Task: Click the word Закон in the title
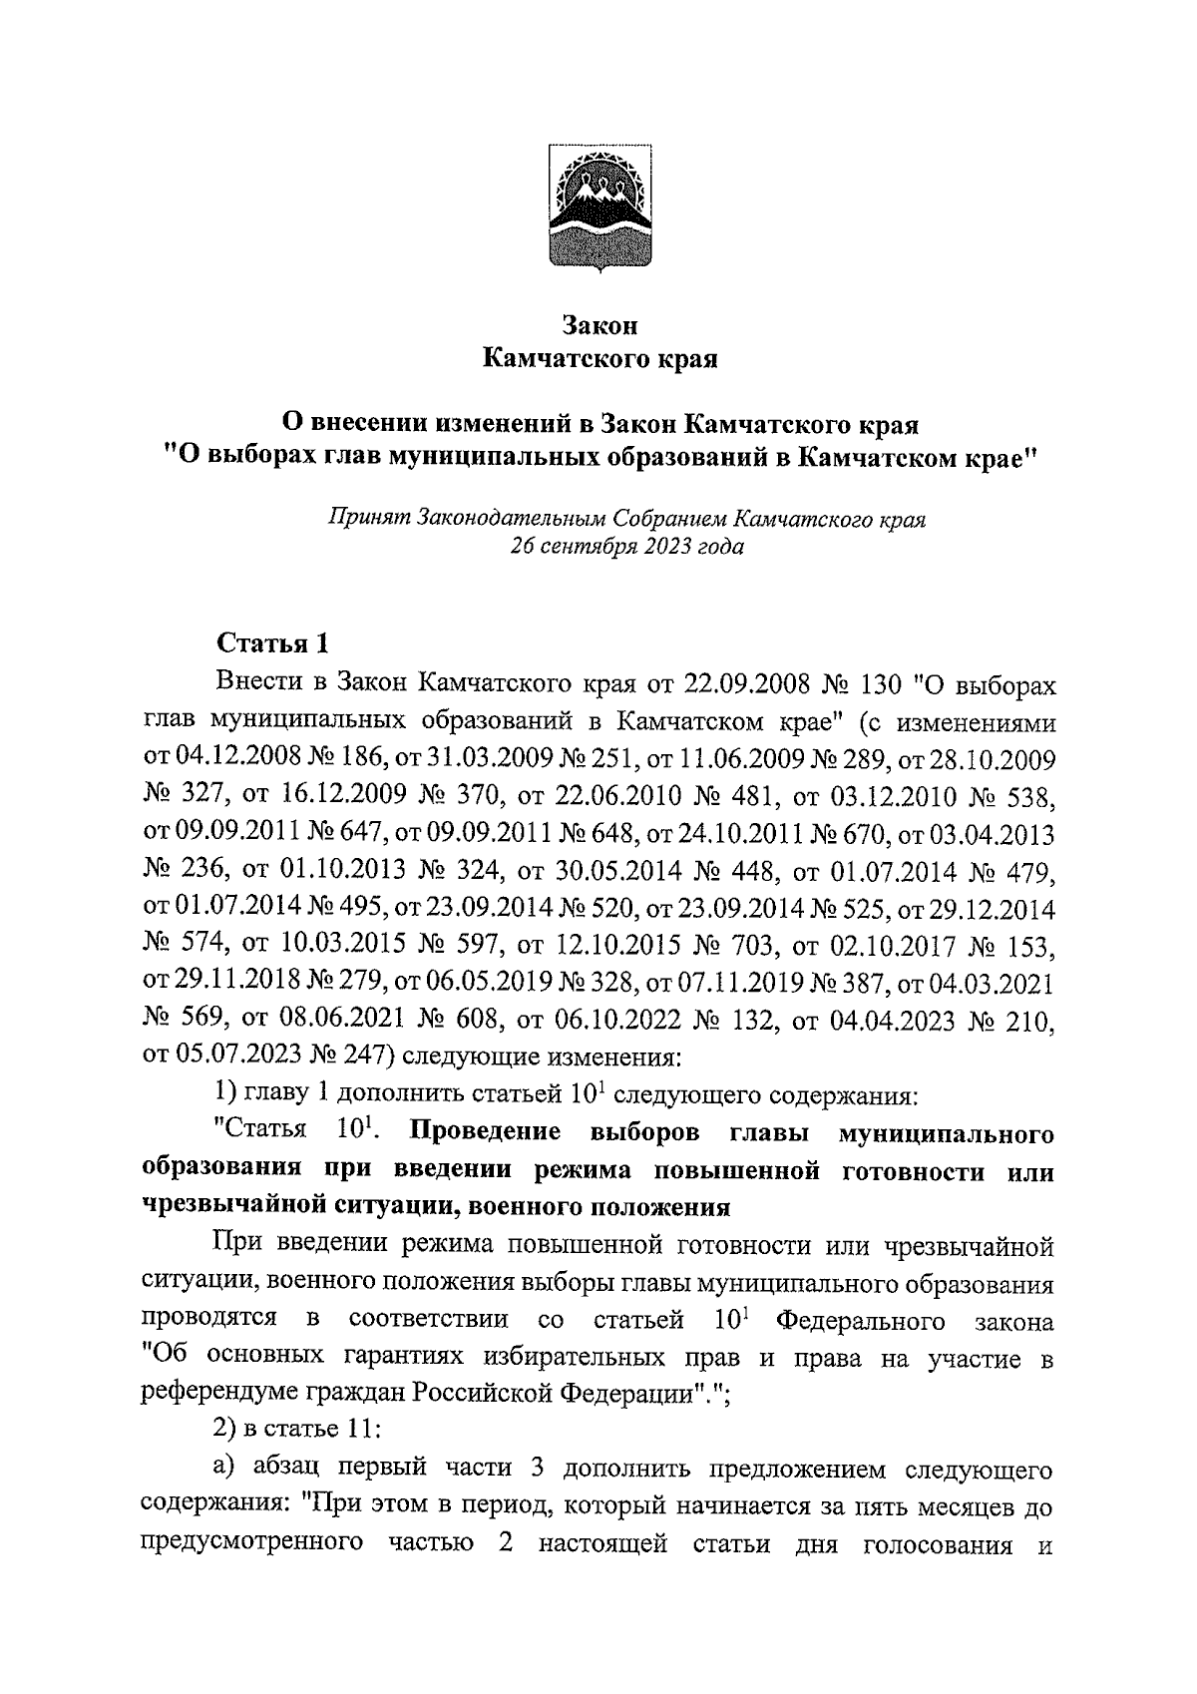coord(598,325)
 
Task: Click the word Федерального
coord(860,1321)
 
